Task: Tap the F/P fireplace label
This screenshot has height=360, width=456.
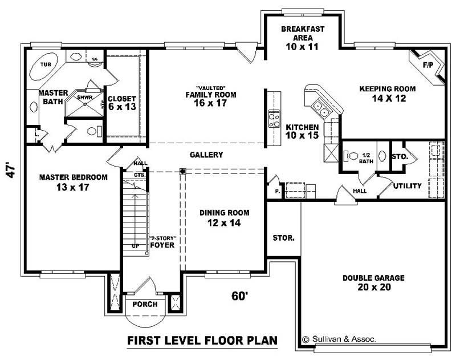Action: (x=427, y=66)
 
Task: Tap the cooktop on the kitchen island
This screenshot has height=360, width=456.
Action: (x=274, y=119)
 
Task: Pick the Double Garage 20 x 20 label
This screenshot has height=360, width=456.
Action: (x=373, y=282)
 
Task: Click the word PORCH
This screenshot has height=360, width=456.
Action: (x=145, y=304)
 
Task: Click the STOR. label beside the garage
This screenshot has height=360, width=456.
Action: (x=283, y=238)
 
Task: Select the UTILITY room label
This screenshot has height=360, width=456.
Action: (x=408, y=186)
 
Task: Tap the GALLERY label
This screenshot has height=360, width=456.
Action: (x=206, y=155)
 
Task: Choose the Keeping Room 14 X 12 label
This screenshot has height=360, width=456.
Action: (x=387, y=94)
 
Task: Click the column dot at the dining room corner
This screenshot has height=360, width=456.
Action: (x=182, y=171)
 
